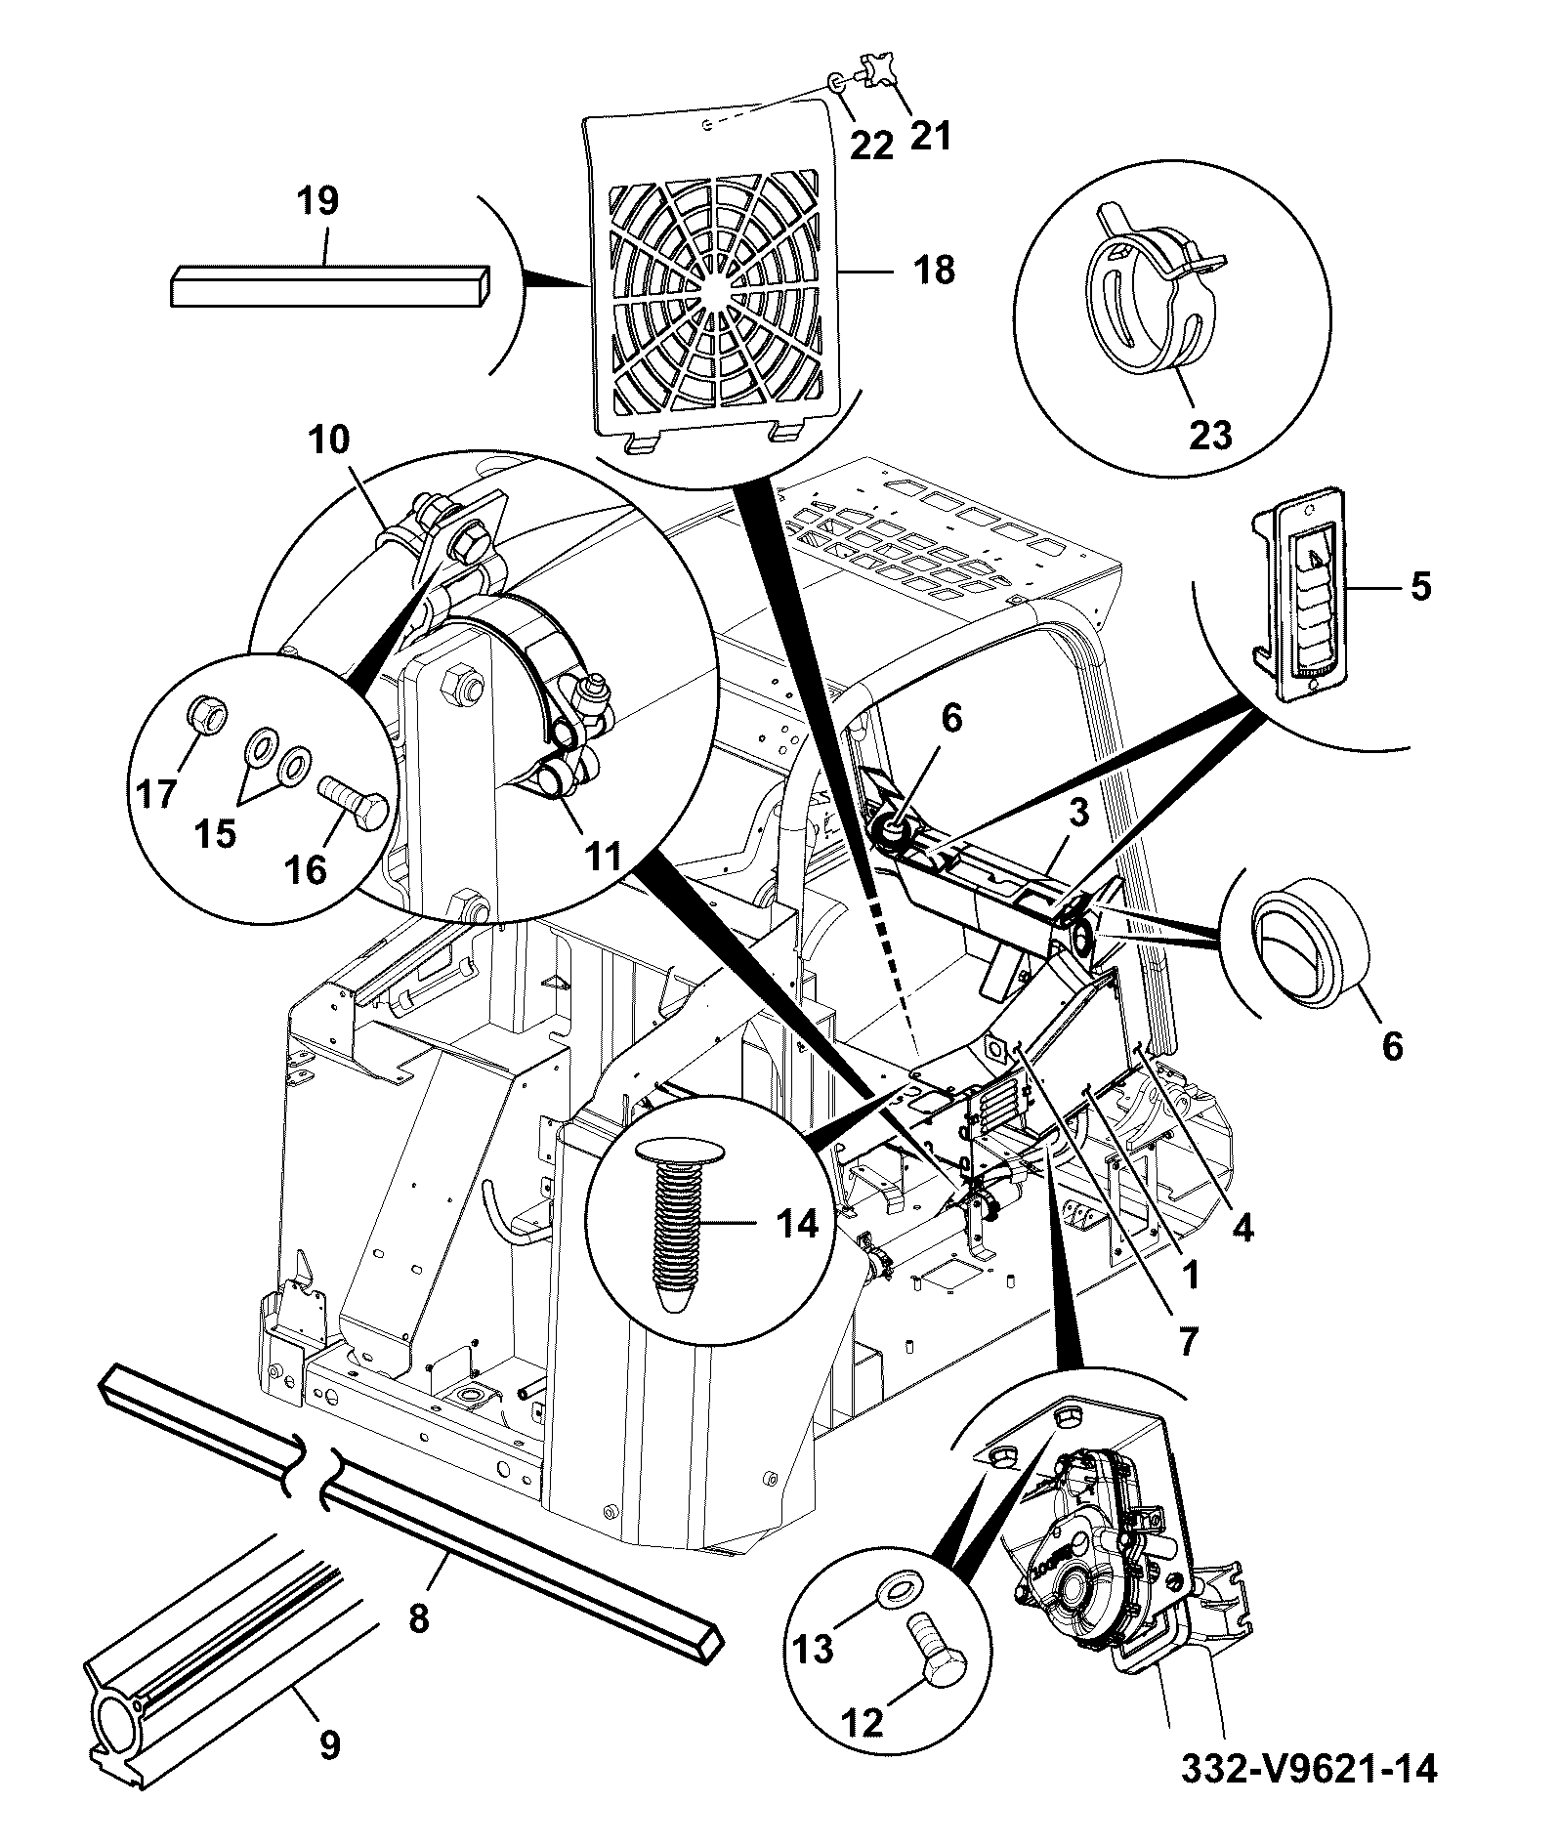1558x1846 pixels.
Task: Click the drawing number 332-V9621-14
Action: (x=1309, y=1768)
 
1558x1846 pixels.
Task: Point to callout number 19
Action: (x=318, y=200)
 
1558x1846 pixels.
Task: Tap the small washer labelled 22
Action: (x=837, y=83)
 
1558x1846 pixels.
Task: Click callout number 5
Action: (x=1420, y=587)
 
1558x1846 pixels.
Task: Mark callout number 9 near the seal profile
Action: (x=330, y=1743)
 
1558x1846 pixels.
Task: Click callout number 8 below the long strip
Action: (x=418, y=1618)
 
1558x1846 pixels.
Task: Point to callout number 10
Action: (x=331, y=441)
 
